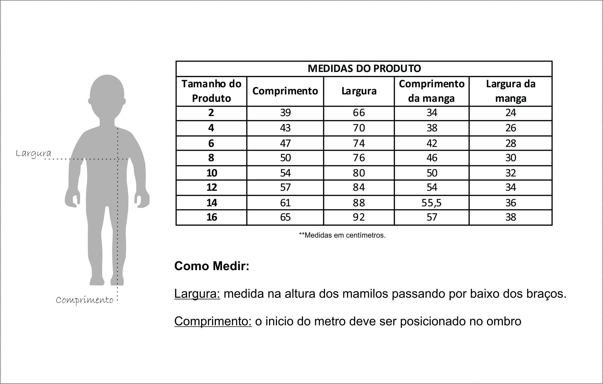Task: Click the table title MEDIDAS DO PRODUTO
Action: coord(364,69)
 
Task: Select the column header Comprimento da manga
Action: coord(432,91)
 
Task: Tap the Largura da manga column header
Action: coord(510,91)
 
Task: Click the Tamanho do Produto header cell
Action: coord(211,91)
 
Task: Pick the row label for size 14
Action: coord(212,203)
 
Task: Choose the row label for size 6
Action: coord(211,143)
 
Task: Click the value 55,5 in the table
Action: coord(432,203)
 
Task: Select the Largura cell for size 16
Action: coord(358,217)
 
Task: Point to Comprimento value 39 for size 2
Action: coord(285,113)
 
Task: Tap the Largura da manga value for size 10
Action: coord(510,173)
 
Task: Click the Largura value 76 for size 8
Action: coord(358,158)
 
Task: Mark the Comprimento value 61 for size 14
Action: coord(285,203)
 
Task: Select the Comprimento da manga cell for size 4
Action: coord(432,128)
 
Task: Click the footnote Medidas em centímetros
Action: coord(342,235)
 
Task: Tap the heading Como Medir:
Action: coord(212,266)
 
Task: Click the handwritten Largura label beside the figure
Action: coord(33,153)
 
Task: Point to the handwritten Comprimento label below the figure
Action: coord(84,300)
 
